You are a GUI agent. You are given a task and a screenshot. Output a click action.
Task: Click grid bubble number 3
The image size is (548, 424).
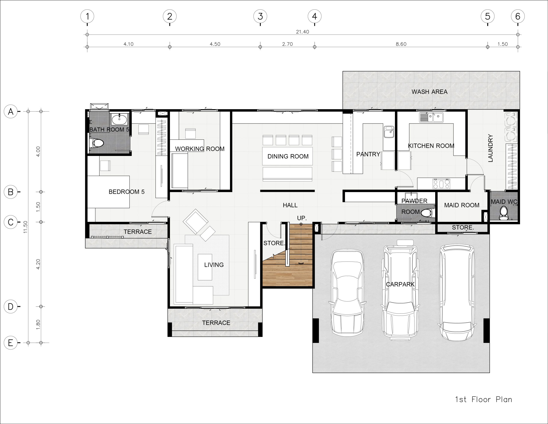(x=260, y=16)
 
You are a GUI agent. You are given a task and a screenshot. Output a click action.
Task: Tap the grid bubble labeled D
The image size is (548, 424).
(x=10, y=306)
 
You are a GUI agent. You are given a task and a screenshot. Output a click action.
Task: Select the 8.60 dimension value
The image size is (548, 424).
(x=401, y=44)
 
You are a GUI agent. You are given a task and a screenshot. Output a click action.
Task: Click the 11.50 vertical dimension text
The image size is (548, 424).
(x=25, y=227)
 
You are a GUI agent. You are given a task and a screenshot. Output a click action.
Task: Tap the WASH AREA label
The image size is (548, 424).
(x=429, y=92)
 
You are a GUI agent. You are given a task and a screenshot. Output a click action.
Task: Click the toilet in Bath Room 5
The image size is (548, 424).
(x=97, y=143)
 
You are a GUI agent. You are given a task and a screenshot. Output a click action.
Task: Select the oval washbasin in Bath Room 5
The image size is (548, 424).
(x=119, y=120)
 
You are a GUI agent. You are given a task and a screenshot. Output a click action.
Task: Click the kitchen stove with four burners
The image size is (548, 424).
(x=441, y=184)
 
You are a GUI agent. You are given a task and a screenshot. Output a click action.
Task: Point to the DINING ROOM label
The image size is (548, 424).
(x=288, y=156)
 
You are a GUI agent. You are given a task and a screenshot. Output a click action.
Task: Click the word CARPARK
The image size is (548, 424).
(x=400, y=284)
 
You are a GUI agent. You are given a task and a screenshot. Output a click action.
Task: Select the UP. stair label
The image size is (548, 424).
(x=302, y=218)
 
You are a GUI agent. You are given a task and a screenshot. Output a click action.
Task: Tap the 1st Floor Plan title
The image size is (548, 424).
(x=484, y=399)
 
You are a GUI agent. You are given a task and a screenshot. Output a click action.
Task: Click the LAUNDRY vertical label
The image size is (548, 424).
(x=490, y=148)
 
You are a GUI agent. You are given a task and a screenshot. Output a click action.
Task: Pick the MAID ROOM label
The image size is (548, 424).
(x=462, y=205)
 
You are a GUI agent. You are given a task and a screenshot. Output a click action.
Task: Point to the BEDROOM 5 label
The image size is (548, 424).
(x=127, y=192)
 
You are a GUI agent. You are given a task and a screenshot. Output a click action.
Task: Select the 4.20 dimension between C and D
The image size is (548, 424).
(x=38, y=264)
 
